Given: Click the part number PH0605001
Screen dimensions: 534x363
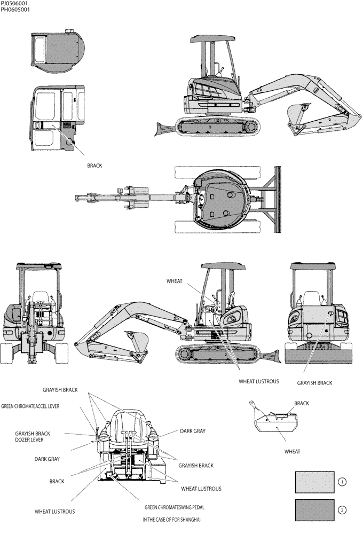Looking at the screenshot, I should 15,9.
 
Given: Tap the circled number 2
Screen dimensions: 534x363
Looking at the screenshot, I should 342,510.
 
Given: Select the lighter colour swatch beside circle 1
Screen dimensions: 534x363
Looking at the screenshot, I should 314,482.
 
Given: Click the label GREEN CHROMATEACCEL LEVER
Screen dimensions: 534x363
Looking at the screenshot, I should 30,406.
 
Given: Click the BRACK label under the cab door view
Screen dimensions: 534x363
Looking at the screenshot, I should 94,166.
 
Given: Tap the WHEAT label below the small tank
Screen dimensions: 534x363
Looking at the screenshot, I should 292,451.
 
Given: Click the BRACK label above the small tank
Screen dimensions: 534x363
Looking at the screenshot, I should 302,403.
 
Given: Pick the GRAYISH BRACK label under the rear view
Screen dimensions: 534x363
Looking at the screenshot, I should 314,383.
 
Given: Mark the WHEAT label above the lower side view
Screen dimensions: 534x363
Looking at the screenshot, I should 175,280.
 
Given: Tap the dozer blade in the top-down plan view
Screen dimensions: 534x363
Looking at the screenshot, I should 277,199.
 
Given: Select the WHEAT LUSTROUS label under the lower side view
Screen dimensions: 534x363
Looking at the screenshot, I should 258,381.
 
